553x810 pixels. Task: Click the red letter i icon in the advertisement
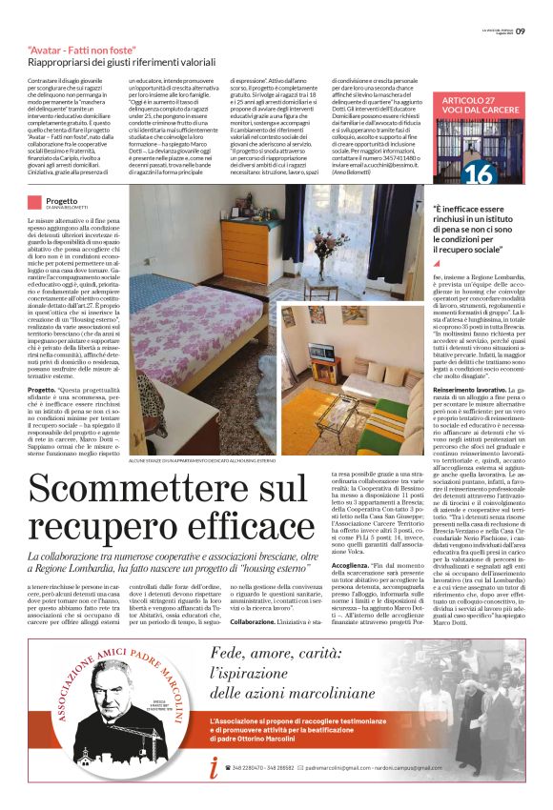(x=215, y=792)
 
